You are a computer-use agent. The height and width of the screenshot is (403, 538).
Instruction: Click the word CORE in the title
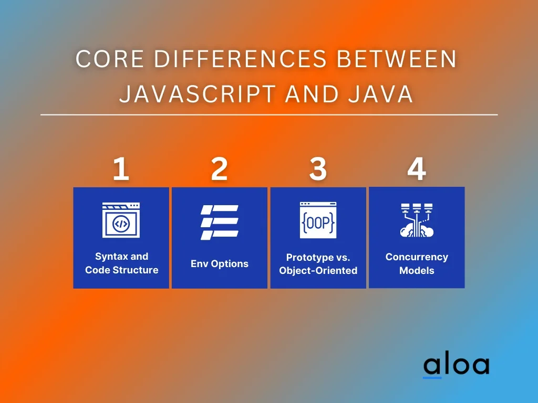(x=109, y=59)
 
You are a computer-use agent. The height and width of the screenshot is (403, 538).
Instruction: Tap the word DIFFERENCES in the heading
(x=240, y=59)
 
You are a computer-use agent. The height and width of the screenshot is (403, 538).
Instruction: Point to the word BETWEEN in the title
(x=396, y=59)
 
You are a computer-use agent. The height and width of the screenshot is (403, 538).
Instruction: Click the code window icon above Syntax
(x=121, y=220)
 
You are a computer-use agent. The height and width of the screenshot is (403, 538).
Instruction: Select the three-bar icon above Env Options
(x=219, y=222)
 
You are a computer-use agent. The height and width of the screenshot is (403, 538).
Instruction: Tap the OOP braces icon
(x=318, y=220)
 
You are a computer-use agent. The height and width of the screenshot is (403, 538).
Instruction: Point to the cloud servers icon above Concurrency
(x=417, y=220)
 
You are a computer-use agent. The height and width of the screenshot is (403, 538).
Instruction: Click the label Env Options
(x=220, y=263)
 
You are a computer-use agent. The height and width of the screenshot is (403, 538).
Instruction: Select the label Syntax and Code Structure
(x=122, y=263)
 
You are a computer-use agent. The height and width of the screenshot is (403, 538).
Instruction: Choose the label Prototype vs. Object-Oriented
(x=318, y=264)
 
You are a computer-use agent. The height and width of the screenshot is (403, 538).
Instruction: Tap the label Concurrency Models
(x=417, y=263)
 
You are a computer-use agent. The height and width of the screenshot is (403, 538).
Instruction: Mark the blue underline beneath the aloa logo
(x=432, y=378)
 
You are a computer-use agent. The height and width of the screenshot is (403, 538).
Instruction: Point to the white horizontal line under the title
(x=269, y=115)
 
